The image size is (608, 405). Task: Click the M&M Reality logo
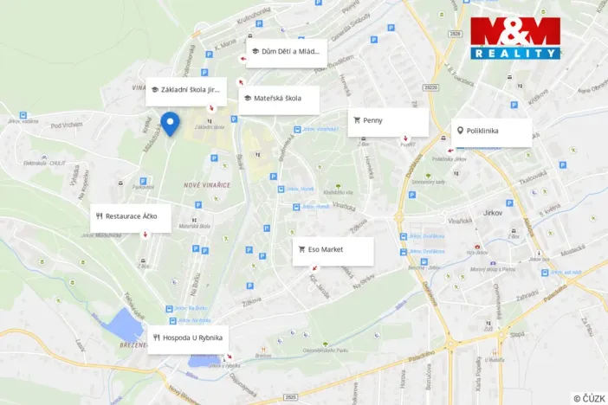515,38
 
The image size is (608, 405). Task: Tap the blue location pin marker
171,125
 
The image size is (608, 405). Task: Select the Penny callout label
388,121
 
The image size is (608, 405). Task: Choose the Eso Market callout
333,250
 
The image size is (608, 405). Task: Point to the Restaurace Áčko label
131,217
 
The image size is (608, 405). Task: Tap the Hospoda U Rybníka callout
187,338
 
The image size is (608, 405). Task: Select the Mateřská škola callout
279,99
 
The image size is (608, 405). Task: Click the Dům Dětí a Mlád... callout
286,52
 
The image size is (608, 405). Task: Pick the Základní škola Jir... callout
186,90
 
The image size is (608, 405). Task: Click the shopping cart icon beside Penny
357,121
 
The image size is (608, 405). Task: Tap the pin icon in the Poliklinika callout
460,132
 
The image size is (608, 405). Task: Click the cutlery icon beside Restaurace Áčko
100,217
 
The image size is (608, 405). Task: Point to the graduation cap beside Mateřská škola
248,99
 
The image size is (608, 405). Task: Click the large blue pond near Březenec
126,324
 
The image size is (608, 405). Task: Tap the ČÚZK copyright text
589,397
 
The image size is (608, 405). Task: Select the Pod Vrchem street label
65,125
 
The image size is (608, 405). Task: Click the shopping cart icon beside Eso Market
301,250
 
